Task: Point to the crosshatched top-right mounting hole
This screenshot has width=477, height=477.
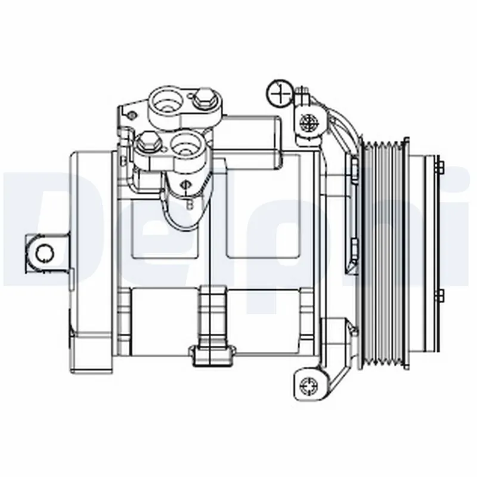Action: point(309,124)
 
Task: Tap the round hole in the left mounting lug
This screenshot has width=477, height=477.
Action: point(43,253)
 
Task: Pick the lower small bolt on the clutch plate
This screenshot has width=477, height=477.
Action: point(440,294)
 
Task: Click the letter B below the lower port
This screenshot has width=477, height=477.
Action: point(190,205)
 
